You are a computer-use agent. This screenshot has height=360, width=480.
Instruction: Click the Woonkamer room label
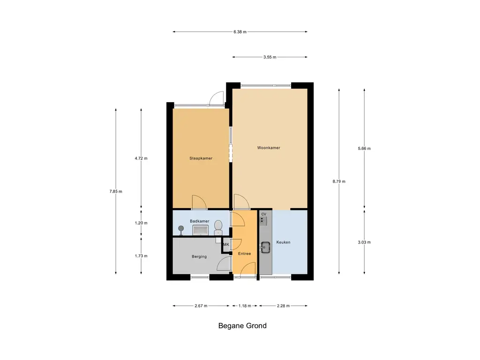(269, 148)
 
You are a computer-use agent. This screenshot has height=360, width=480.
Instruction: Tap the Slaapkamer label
(201, 158)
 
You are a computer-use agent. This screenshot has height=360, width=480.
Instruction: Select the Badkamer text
(200, 221)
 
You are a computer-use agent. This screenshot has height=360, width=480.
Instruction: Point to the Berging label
(199, 256)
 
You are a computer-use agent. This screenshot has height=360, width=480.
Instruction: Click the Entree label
(245, 254)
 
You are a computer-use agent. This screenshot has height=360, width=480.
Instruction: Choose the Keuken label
(284, 242)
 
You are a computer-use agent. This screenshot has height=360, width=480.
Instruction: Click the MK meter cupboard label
(226, 244)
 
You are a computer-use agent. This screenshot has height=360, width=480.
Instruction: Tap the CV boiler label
(263, 214)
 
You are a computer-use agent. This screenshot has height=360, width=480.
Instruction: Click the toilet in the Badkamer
(218, 227)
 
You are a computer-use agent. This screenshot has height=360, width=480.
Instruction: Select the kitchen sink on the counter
(265, 247)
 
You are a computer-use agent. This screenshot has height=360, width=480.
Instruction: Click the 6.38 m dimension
(240, 31)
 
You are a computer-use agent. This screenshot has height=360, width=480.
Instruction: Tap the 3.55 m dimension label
(270, 57)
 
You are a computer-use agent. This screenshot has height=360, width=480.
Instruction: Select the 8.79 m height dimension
(339, 181)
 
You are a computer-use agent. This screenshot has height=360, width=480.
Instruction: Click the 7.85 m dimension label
(116, 191)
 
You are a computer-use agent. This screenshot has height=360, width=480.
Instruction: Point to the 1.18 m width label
(245, 306)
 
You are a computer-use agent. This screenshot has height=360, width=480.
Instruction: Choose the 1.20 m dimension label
(141, 223)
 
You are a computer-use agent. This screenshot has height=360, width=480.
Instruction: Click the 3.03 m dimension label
(364, 242)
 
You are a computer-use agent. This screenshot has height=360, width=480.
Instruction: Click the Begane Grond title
(242, 325)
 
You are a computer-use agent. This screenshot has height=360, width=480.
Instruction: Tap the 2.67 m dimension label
(201, 306)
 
